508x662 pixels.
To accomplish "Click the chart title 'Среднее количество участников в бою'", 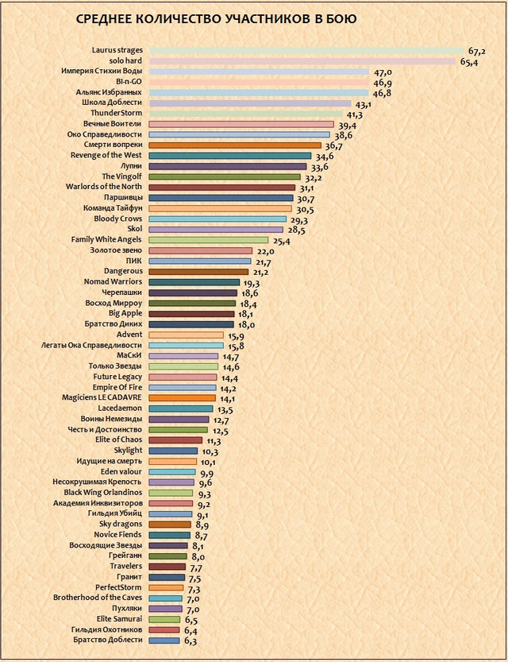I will click(x=215, y=18).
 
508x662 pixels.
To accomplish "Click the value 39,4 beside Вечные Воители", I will click(x=347, y=126).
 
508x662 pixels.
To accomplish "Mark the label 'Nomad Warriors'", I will click(x=114, y=281).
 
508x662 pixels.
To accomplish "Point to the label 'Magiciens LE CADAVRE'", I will click(x=102, y=397).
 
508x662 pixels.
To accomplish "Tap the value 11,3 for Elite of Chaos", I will click(x=213, y=441).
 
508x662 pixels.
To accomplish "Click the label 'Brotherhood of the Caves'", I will click(x=98, y=598).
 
